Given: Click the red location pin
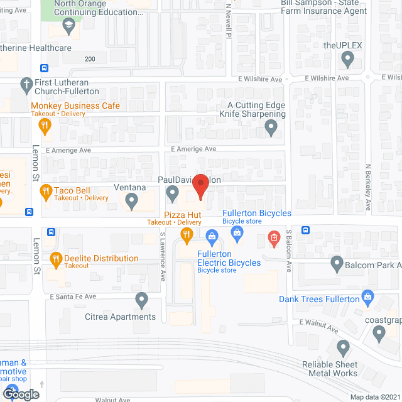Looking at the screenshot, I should (x=200, y=187).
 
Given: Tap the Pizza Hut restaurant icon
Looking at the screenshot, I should (x=187, y=236).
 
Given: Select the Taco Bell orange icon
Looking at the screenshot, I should (x=45, y=191).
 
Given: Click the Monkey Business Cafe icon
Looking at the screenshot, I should (x=45, y=125).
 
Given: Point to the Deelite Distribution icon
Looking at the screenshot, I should (x=55, y=258).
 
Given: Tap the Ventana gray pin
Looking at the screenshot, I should (x=131, y=201).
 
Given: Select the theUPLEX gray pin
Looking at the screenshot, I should (x=347, y=60).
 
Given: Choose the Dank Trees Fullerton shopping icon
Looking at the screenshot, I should (x=369, y=296).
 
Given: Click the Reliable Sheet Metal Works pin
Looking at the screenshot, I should (x=343, y=347).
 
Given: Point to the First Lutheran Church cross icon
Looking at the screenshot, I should (x=26, y=83).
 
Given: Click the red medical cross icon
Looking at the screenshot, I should (x=273, y=237).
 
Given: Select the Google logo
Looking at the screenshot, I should (x=20, y=393).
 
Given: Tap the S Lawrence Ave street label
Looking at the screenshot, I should (x=162, y=257).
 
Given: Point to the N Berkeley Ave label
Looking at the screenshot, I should (x=369, y=188).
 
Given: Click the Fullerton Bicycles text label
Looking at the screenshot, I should (x=257, y=214).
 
